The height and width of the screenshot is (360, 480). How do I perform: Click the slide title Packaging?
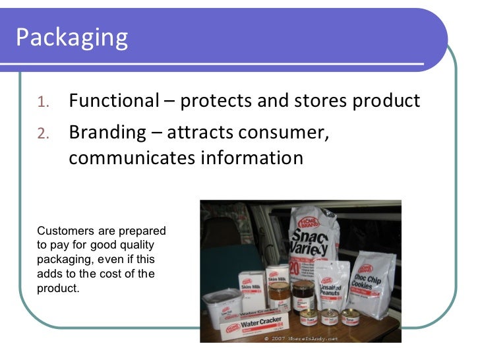[x=71, y=38]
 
